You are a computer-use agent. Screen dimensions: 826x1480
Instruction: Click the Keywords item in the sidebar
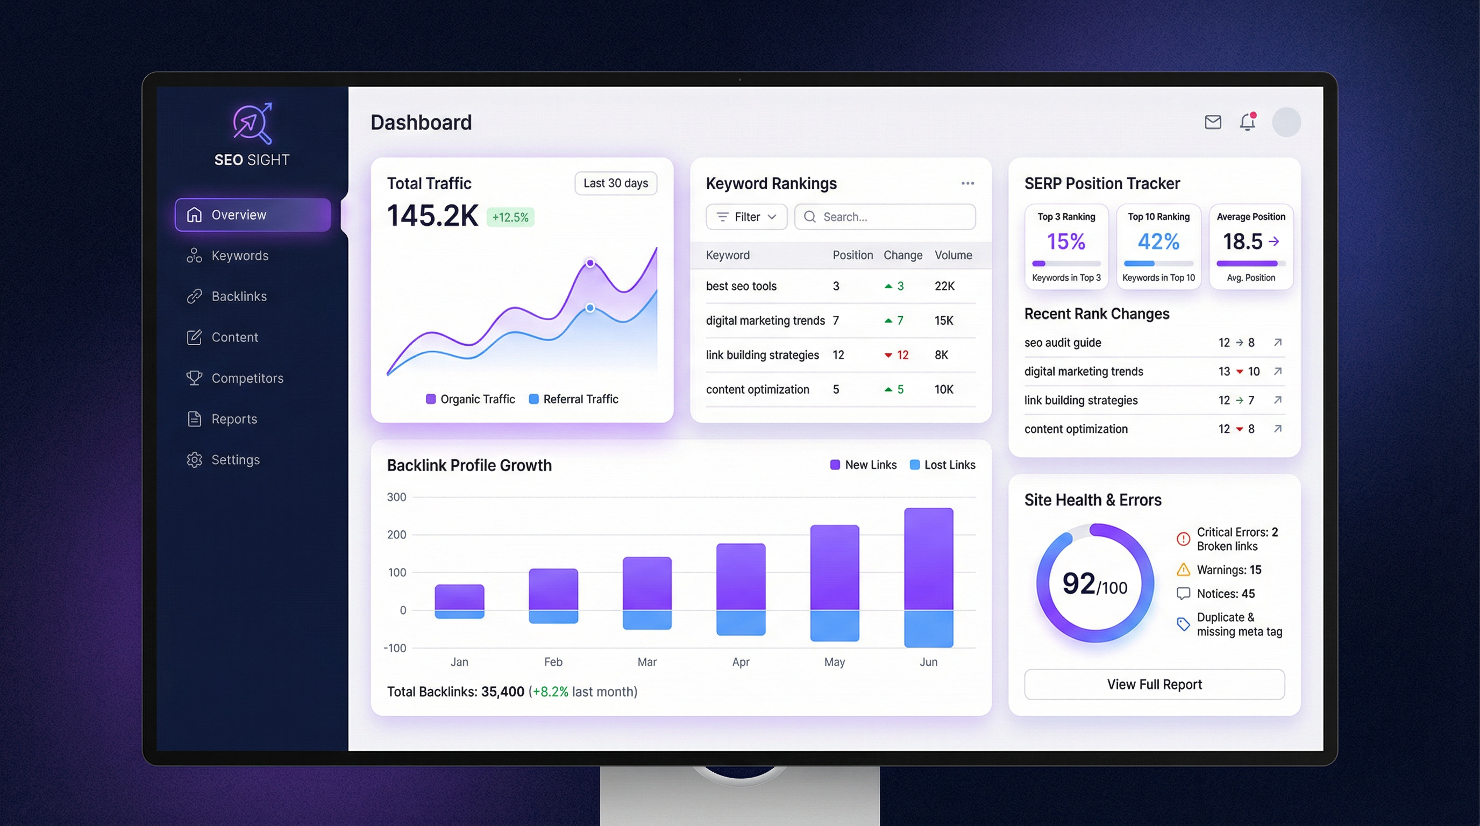pos(239,255)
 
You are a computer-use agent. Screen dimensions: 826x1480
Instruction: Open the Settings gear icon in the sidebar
pos(194,460)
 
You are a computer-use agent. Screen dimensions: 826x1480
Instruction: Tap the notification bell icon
pos(1247,123)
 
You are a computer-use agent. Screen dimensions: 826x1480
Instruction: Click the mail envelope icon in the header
pos(1212,123)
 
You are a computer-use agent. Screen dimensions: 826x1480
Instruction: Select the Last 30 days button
pos(615,183)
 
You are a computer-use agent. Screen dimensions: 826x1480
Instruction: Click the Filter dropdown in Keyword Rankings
pos(746,217)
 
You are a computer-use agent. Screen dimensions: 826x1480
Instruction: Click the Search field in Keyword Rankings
pos(885,217)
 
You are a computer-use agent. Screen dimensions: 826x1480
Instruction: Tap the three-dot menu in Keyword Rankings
pos(967,183)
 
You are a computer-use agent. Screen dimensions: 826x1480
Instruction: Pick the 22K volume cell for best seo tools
pos(944,286)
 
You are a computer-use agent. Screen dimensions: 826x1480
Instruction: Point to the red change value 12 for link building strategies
pos(902,355)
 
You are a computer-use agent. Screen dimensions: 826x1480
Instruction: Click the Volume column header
pos(953,255)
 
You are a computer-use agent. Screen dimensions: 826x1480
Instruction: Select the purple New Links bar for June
pos(928,558)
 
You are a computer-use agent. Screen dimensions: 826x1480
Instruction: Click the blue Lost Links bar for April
pos(741,622)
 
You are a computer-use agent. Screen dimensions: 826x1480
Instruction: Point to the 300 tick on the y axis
pos(396,497)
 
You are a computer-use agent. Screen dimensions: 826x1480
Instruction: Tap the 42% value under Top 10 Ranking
pos(1158,241)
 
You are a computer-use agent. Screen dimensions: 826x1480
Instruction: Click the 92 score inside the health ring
pos(1078,583)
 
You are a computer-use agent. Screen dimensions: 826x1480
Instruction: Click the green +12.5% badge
pos(510,217)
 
